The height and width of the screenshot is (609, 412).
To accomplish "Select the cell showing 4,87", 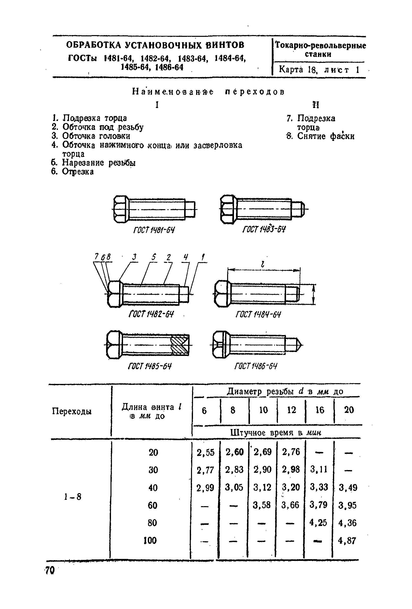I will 347,541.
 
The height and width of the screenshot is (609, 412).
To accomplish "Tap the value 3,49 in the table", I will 348,488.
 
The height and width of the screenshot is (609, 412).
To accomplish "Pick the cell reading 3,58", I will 261,505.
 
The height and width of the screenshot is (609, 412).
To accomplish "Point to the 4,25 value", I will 318,523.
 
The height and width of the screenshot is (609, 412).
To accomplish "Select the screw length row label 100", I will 150,540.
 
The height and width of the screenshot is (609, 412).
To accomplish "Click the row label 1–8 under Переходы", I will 73,497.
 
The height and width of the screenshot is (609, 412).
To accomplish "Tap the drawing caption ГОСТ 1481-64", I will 154,230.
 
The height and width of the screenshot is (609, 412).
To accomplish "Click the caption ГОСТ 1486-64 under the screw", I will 256,366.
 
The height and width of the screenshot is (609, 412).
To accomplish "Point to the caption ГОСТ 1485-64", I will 150,366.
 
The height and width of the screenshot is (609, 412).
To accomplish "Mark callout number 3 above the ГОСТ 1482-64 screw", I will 135,257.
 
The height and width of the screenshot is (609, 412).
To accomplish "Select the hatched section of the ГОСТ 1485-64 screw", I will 180,345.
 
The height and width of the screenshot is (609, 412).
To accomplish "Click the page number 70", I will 50,570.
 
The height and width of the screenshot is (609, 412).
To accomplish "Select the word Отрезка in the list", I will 78,172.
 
